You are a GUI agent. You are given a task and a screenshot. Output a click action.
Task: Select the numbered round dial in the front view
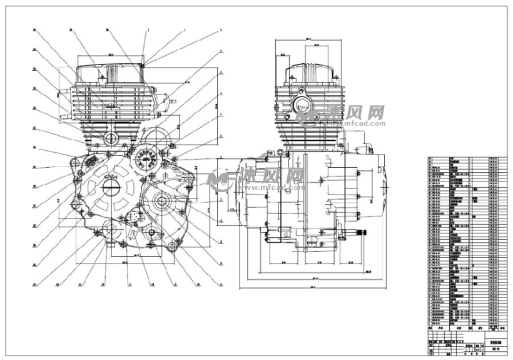click(x=145, y=157)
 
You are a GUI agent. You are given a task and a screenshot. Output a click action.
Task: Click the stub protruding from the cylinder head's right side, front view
click(x=164, y=99)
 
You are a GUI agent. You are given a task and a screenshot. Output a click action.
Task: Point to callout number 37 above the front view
click(x=71, y=29)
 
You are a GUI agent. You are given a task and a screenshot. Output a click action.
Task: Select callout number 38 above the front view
click(x=108, y=29)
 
